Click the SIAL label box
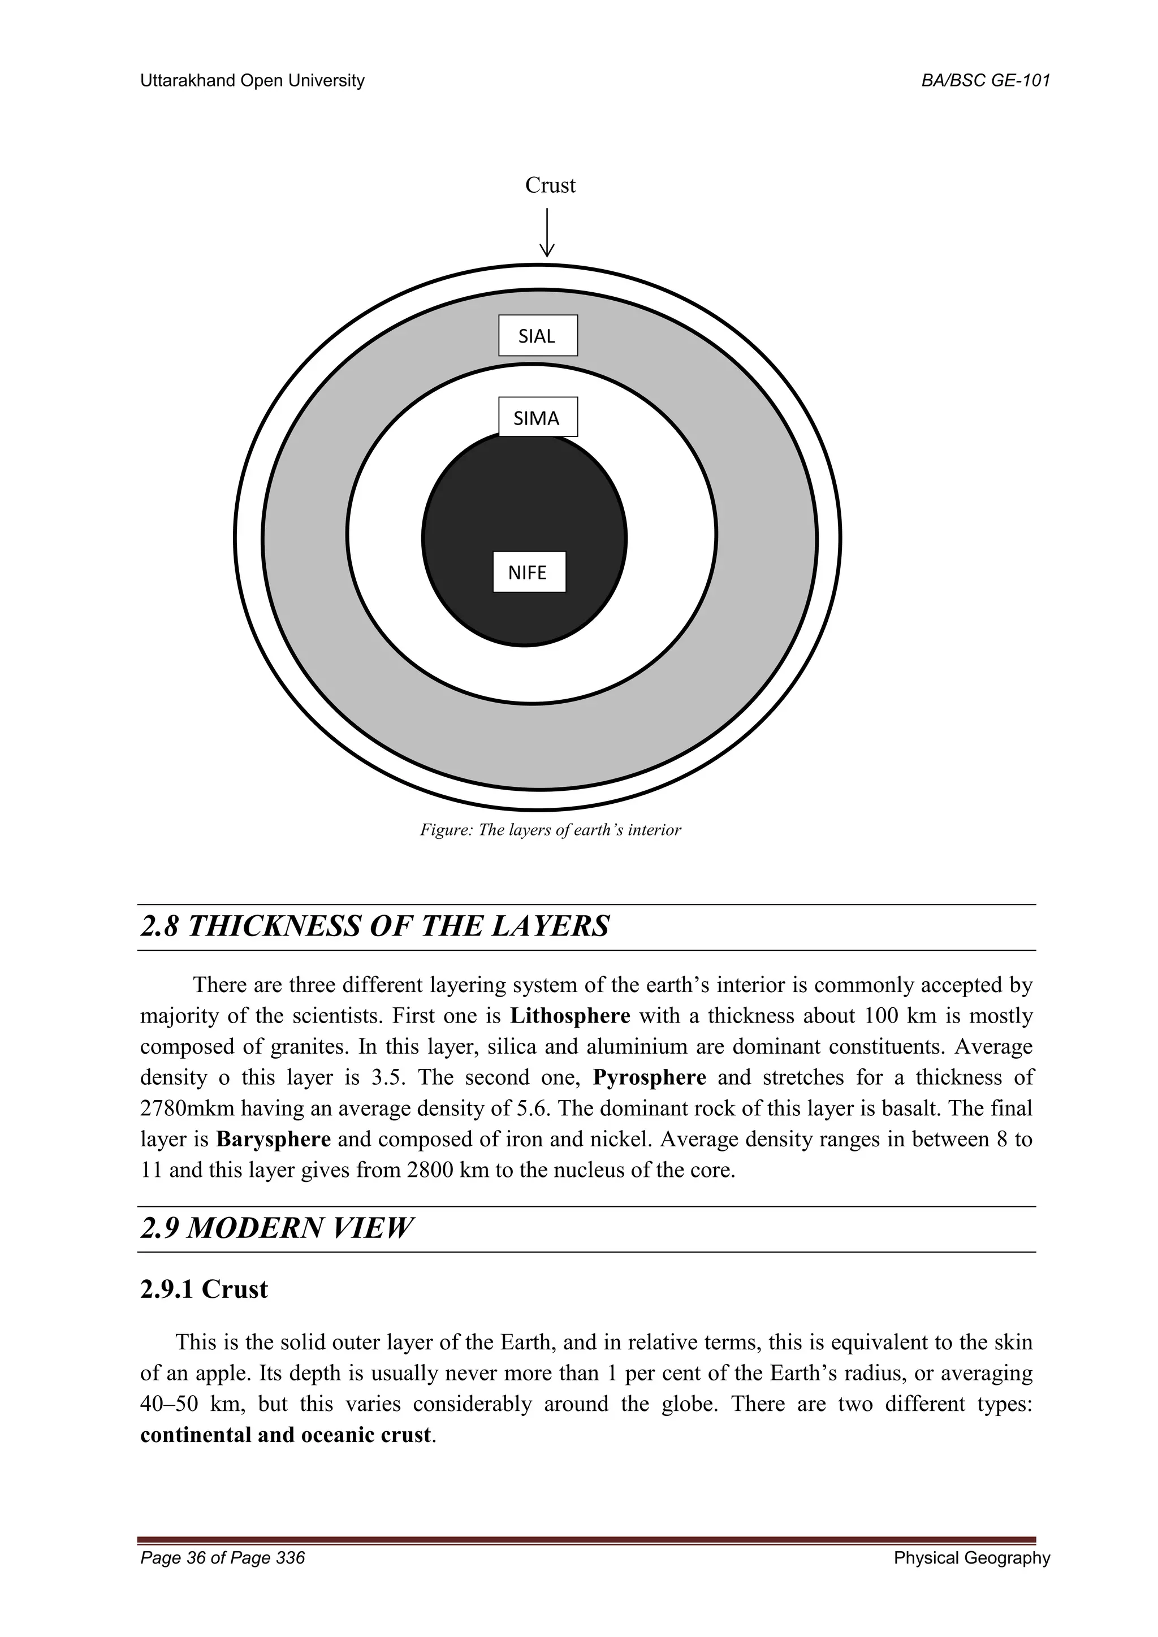(538, 336)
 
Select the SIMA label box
(538, 417)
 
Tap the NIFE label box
(529, 572)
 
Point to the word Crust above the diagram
(550, 185)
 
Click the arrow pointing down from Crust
(547, 232)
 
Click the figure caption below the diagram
(550, 830)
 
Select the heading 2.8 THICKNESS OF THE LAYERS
(375, 926)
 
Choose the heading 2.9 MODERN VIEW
(276, 1228)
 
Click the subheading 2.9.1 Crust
(204, 1289)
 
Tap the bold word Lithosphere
(570, 1015)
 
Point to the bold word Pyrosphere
(649, 1077)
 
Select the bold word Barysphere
(273, 1138)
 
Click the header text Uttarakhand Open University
(252, 81)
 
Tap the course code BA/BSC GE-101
(986, 81)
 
